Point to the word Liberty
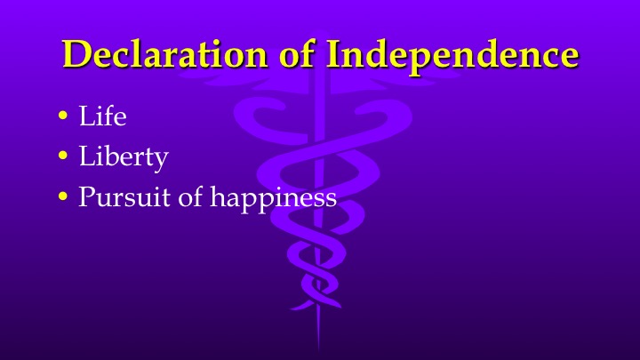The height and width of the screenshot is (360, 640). click(x=123, y=157)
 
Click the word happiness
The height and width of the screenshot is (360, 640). click(x=272, y=197)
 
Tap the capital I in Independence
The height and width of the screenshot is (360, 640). click(x=334, y=54)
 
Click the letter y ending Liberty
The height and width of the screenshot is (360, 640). click(x=160, y=161)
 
